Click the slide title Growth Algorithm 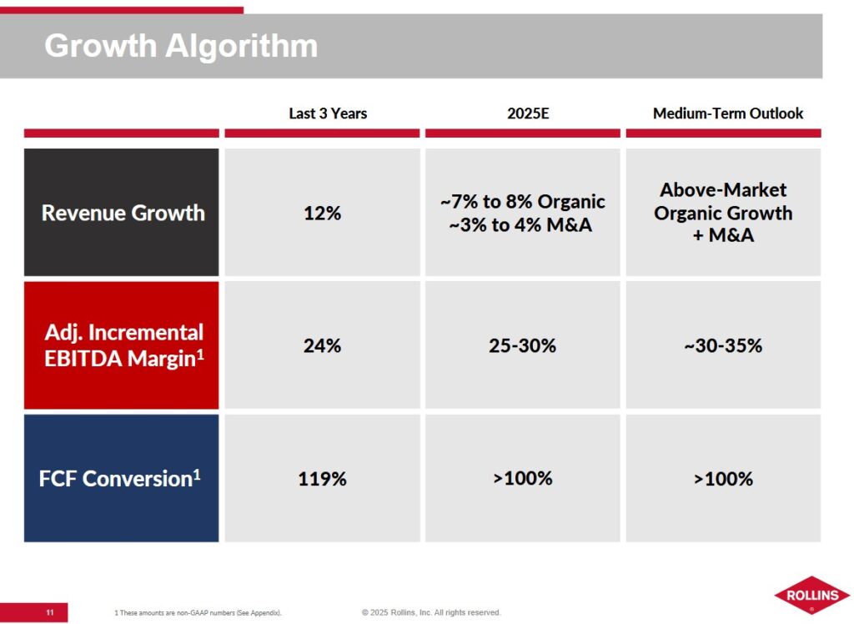pyautogui.click(x=181, y=46)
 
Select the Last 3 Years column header pyautogui.click(x=328, y=113)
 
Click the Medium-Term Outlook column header pyautogui.click(x=728, y=113)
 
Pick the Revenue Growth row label pyautogui.click(x=123, y=213)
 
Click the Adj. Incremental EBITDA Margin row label pyautogui.click(x=123, y=345)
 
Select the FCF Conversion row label pyautogui.click(x=120, y=479)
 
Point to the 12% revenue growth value pyautogui.click(x=322, y=213)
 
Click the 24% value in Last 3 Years pyautogui.click(x=322, y=345)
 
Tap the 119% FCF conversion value pyautogui.click(x=322, y=479)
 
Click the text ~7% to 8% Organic pyautogui.click(x=522, y=202)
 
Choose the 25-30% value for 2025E pyautogui.click(x=522, y=345)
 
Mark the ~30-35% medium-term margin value pyautogui.click(x=723, y=345)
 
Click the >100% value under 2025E pyautogui.click(x=522, y=479)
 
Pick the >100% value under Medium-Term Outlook pyautogui.click(x=723, y=479)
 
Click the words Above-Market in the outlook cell pyautogui.click(x=723, y=190)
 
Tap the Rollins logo pyautogui.click(x=811, y=596)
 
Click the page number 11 pyautogui.click(x=49, y=613)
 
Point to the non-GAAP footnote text pyautogui.click(x=198, y=614)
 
